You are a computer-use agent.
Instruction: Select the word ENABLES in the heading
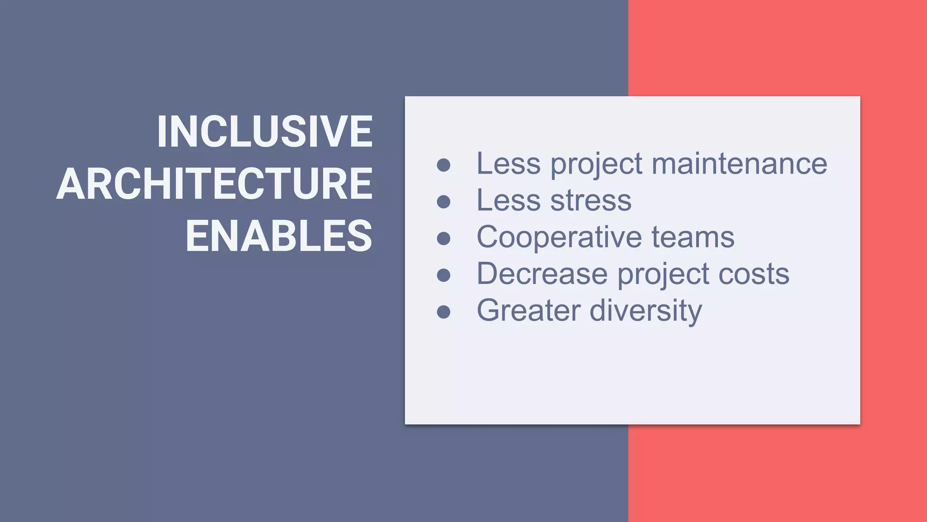279,236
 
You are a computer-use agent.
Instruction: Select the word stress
591,200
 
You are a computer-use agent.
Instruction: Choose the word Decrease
542,274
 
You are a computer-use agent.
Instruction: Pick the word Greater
529,310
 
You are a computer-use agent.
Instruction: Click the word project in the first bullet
596,164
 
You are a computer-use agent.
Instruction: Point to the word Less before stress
508,200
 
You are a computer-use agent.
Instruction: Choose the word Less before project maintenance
508,164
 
